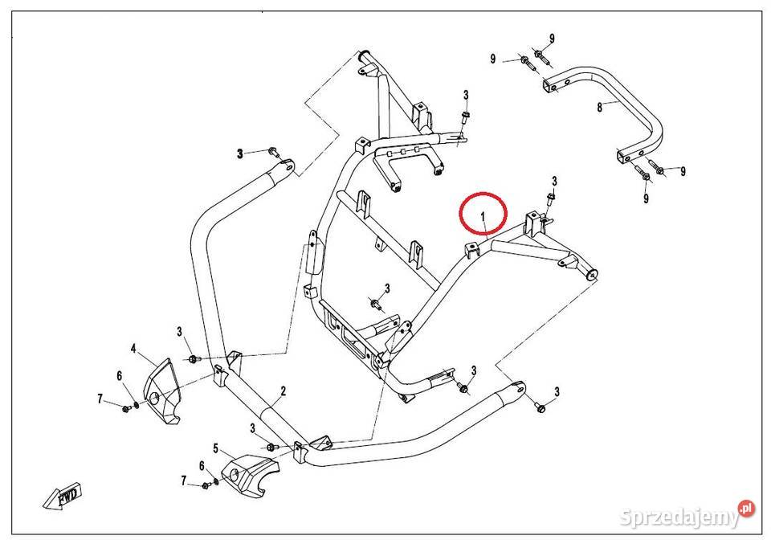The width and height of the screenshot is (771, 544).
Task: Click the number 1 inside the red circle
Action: click(x=483, y=216)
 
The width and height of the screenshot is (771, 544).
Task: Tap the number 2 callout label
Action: click(x=283, y=391)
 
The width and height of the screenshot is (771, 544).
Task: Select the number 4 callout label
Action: click(x=133, y=349)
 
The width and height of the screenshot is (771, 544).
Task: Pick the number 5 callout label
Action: click(x=215, y=447)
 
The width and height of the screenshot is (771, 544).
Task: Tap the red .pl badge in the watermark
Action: click(x=746, y=508)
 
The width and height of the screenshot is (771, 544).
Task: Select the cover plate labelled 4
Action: click(x=163, y=391)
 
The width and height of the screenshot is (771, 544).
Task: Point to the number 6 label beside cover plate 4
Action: click(x=119, y=376)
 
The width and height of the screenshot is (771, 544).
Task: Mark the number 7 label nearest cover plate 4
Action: click(x=100, y=399)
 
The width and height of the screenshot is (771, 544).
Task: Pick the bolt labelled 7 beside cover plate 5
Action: click(x=206, y=485)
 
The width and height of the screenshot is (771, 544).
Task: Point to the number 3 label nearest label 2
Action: click(x=253, y=428)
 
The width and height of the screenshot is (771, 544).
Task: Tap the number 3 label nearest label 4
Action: click(x=180, y=331)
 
